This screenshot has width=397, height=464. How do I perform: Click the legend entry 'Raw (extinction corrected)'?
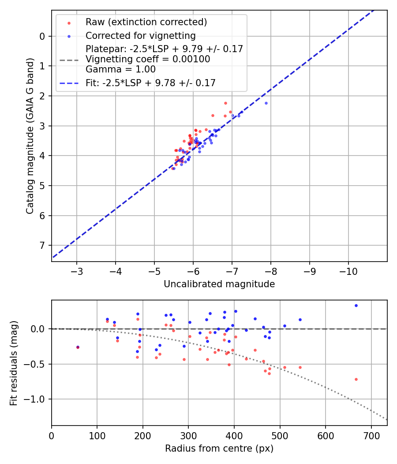pyautogui.click(x=146, y=22)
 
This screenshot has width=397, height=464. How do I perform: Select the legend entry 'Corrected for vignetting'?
pyautogui.click(x=140, y=35)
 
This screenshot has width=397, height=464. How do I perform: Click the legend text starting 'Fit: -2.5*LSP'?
pyautogui.click(x=150, y=83)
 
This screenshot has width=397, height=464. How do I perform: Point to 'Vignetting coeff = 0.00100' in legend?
pyautogui.click(x=148, y=59)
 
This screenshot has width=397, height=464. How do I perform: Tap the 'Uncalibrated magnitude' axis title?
pyautogui.click(x=219, y=284)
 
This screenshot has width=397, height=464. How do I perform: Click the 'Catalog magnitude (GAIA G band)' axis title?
pyautogui.click(x=30, y=136)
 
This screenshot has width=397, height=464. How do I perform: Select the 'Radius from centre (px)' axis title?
pyautogui.click(x=219, y=449)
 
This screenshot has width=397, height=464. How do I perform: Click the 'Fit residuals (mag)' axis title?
pyautogui.click(x=14, y=363)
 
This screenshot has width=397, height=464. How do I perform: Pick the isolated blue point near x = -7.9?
pyautogui.click(x=266, y=103)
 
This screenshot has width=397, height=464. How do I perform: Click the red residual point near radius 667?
pyautogui.click(x=356, y=379)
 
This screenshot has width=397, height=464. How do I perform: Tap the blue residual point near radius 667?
pyautogui.click(x=356, y=305)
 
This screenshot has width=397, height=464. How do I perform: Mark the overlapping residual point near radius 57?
pyautogui.click(x=78, y=347)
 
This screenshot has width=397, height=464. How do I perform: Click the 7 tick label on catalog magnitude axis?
pyautogui.click(x=42, y=245)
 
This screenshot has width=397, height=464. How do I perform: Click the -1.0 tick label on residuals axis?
pyautogui.click(x=36, y=399)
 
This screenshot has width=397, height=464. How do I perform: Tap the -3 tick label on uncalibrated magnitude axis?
pyautogui.click(x=77, y=270)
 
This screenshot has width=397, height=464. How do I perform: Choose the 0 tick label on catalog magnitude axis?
pyautogui.click(x=42, y=36)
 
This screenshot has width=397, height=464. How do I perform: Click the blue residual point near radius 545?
pyautogui.click(x=300, y=319)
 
